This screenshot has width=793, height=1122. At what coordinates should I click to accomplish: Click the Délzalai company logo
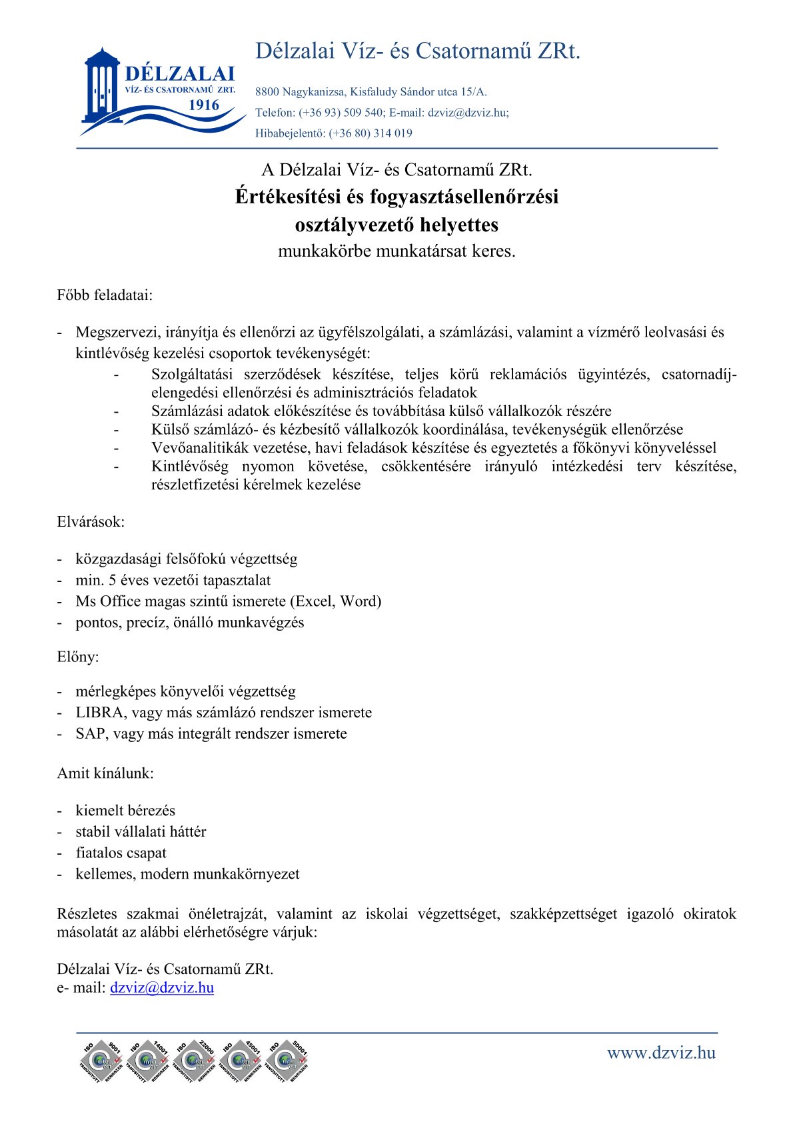[160, 90]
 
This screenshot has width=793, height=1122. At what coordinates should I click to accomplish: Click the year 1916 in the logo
[203, 105]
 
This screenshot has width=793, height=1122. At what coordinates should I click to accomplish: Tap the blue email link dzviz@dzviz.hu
[162, 987]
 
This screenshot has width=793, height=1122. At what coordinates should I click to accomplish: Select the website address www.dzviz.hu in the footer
[661, 1053]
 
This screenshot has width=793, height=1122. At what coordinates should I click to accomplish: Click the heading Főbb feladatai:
[105, 295]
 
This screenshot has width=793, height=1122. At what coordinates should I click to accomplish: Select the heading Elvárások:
[91, 521]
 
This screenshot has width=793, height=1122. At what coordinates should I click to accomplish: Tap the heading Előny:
[78, 657]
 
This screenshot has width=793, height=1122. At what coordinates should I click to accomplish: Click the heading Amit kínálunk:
[105, 773]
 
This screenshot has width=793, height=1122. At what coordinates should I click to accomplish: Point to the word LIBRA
[99, 713]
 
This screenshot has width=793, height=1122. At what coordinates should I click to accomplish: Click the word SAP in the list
[90, 734]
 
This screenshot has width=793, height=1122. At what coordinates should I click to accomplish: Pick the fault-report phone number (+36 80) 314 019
[371, 133]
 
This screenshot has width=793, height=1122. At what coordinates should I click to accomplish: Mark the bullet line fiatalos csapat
[121, 853]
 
